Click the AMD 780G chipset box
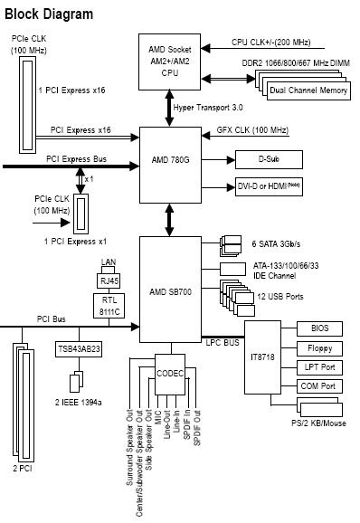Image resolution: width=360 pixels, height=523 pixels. (170, 165)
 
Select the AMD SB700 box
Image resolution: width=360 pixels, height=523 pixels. (170, 290)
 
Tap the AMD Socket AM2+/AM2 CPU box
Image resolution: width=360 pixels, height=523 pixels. (170, 62)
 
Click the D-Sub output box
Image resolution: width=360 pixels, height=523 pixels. (269, 159)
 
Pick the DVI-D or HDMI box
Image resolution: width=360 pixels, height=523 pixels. (269, 186)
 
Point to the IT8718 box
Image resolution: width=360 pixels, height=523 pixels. (262, 357)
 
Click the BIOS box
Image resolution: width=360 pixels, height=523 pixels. (319, 328)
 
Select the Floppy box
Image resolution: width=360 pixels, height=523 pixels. (319, 348)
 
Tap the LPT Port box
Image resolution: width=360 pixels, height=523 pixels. (319, 367)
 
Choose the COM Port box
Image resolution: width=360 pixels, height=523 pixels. (319, 386)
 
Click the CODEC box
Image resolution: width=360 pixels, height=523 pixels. (170, 374)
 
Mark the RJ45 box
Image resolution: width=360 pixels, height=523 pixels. (109, 281)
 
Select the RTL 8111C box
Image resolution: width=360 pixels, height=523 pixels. (109, 306)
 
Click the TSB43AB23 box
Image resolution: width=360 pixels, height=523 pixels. (79, 349)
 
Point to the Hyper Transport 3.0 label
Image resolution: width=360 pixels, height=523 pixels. (208, 108)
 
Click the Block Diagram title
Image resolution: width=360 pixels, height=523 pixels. (49, 14)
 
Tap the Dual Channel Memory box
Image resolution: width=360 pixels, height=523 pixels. (308, 90)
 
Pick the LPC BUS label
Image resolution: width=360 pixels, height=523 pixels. (223, 343)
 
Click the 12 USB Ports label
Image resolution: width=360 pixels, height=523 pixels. (280, 297)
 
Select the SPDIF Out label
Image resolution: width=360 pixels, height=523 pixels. (197, 428)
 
